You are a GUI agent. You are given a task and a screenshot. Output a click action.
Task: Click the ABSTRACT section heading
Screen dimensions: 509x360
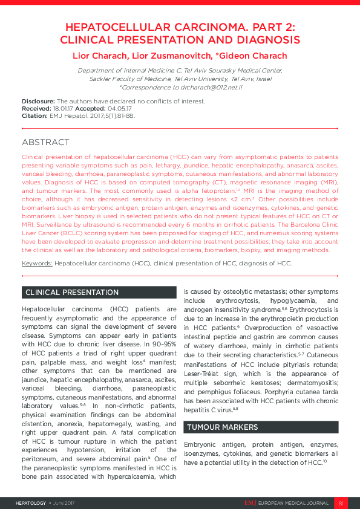45,143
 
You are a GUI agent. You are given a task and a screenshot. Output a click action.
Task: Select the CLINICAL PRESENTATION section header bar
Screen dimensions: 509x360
99,293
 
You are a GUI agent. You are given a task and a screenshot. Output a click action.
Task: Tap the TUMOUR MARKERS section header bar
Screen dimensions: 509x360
260,427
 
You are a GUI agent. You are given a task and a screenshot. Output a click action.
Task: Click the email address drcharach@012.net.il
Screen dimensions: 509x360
211,88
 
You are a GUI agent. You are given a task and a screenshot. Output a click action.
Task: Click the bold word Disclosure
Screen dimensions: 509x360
38,102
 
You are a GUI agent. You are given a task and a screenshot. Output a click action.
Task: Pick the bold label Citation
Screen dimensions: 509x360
34,115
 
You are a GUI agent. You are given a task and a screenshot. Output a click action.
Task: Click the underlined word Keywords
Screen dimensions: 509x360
37,264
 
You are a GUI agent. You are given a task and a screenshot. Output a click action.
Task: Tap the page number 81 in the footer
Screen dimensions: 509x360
341,502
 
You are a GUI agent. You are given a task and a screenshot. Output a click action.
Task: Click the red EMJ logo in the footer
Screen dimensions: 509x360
250,502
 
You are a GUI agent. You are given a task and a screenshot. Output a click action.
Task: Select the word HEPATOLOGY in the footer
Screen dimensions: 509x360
30,502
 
